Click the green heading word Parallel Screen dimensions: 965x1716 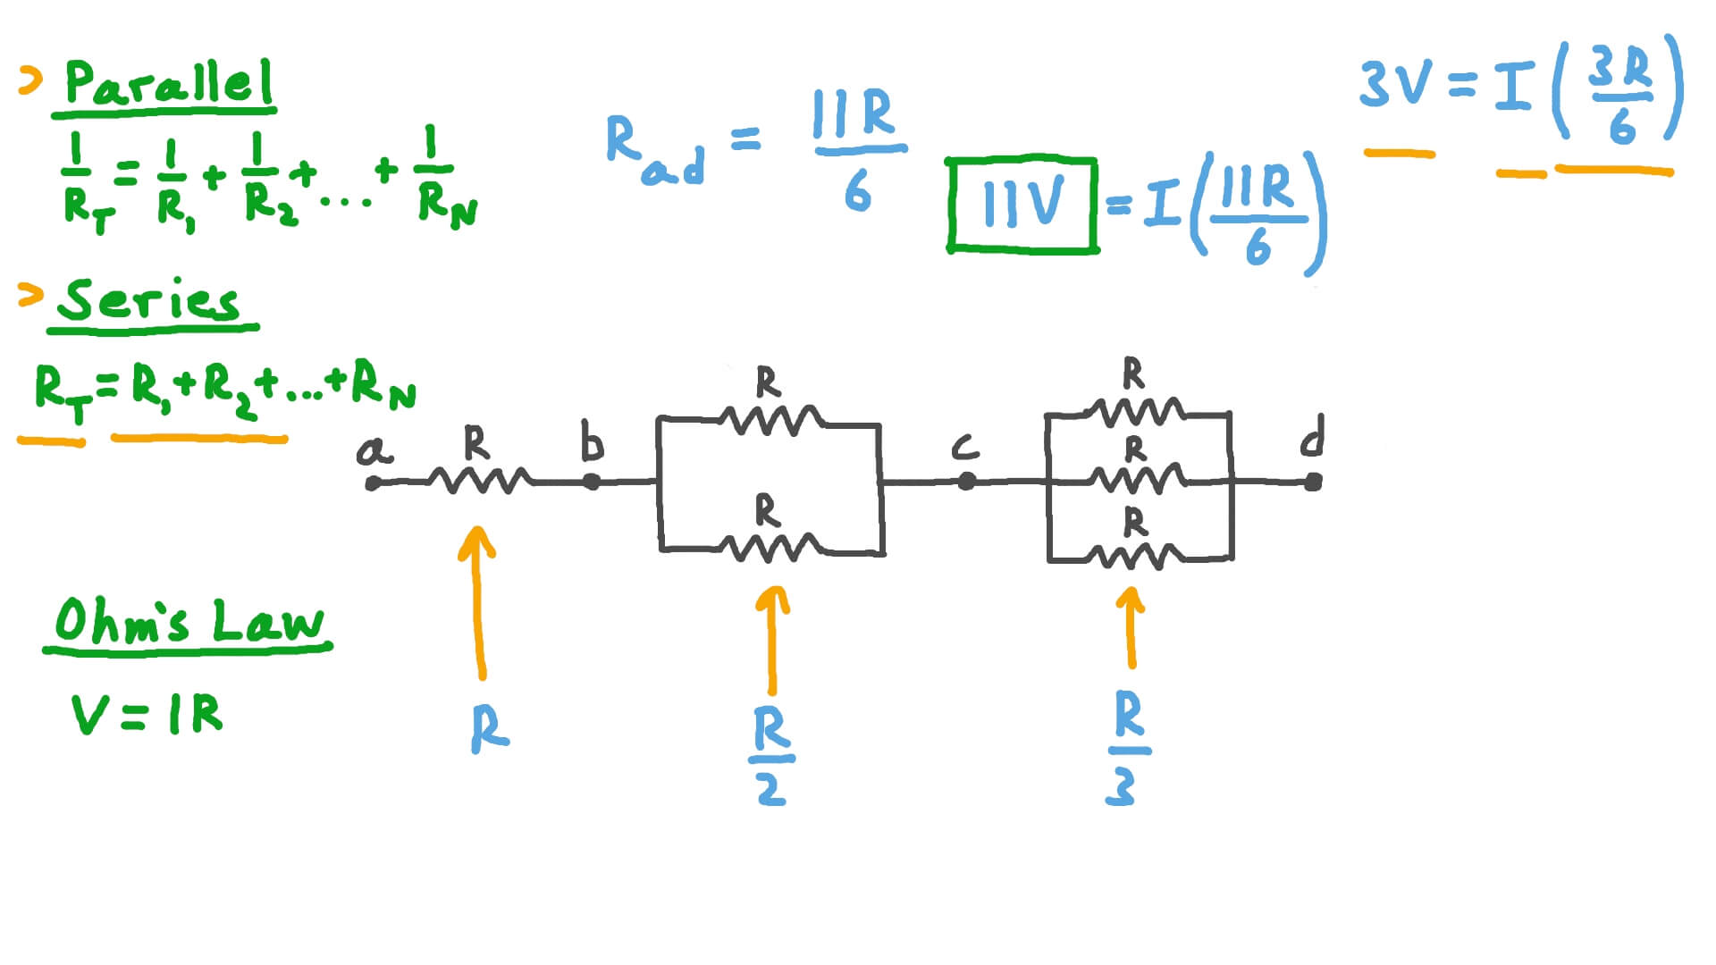coord(168,84)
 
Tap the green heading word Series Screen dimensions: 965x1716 coord(148,301)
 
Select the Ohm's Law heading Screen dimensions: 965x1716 coord(189,621)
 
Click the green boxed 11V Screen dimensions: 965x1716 coord(1022,205)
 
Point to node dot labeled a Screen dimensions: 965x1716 coord(374,483)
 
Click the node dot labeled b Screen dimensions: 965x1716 coord(591,482)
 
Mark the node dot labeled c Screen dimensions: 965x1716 coord(966,482)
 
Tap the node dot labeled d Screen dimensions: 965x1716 coord(1312,482)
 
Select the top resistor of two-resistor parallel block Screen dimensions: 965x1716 coord(770,419)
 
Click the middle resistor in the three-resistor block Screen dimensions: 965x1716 coord(1136,481)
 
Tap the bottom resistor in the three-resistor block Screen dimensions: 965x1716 coord(1136,557)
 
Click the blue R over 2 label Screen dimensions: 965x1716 coord(771,756)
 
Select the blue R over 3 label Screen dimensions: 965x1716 coord(1127,749)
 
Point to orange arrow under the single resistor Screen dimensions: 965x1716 coord(478,603)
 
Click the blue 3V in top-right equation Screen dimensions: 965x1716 coord(1397,85)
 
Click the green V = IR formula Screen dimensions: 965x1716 coord(147,715)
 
